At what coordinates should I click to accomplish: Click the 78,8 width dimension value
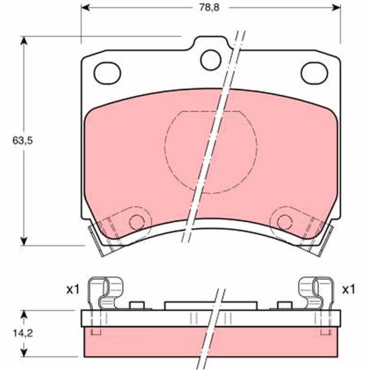[209, 7]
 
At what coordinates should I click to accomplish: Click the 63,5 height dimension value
[23, 141]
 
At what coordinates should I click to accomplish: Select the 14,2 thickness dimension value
[23, 334]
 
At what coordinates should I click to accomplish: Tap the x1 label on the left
[73, 289]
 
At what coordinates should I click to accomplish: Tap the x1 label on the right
[348, 289]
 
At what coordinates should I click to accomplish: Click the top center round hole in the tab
[211, 60]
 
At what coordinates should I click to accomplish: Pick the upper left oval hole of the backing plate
[108, 73]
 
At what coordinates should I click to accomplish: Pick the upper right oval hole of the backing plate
[314, 73]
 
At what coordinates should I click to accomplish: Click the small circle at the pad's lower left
[137, 222]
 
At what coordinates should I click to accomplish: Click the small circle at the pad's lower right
[285, 222]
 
